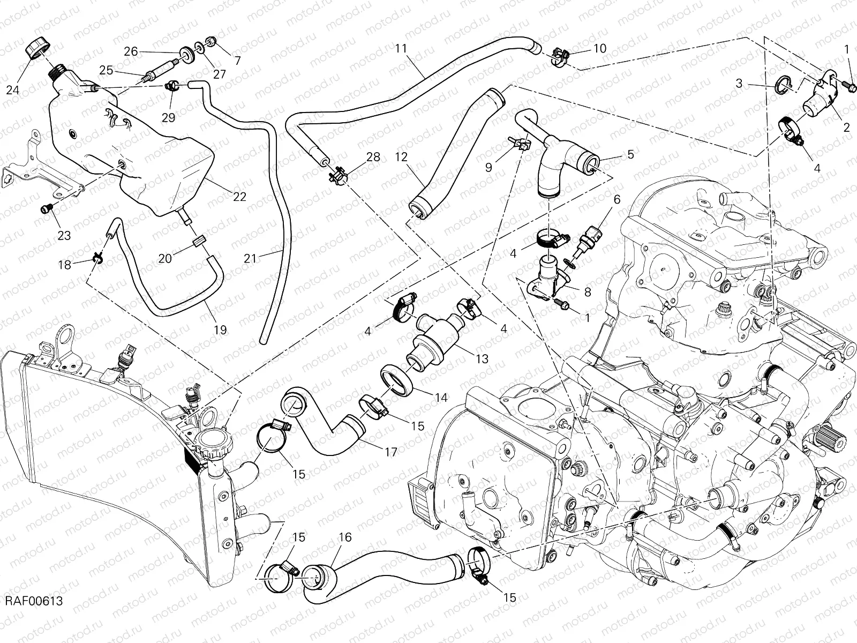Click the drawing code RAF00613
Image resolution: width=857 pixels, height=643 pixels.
34,601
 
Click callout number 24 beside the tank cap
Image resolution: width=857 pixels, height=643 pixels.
13,90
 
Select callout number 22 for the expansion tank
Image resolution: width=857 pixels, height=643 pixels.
239,197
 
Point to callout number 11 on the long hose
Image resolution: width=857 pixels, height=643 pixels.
402,49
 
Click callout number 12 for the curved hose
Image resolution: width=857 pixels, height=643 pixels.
401,158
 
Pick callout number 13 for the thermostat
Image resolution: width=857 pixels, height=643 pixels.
482,358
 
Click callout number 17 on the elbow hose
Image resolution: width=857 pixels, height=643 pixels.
391,452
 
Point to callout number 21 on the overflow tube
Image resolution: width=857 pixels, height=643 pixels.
250,258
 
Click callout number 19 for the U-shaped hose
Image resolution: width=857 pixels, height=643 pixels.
220,330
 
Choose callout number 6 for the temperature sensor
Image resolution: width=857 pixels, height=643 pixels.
617,200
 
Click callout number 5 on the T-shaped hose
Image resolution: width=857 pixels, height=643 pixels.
630,154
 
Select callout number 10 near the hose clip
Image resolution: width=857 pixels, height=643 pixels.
599,49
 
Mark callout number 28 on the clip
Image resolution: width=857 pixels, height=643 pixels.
373,157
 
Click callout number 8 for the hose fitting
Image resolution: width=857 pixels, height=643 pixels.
588,292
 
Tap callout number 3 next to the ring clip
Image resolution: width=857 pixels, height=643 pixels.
739,83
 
